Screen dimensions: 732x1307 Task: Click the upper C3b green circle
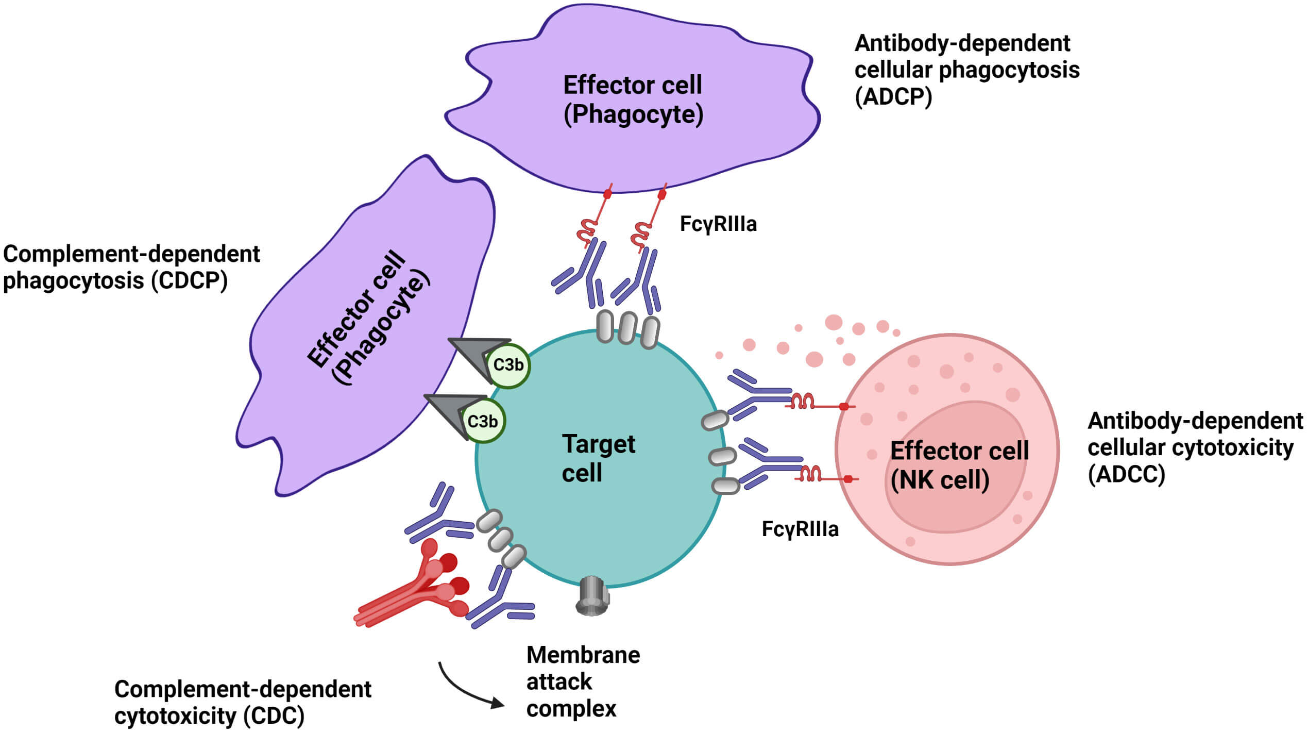(508, 365)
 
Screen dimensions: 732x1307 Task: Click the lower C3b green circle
(483, 421)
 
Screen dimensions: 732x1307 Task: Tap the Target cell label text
(598, 458)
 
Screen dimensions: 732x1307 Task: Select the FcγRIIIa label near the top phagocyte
(718, 224)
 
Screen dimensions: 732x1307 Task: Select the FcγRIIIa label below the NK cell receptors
(800, 529)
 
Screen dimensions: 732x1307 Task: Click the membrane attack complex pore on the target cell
(592, 596)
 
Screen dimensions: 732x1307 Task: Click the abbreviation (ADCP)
(893, 96)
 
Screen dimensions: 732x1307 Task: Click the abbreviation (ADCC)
(1126, 474)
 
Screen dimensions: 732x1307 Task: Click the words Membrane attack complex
(582, 681)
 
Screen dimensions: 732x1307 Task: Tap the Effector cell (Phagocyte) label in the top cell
(633, 99)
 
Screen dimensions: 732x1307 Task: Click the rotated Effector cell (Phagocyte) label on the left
(367, 317)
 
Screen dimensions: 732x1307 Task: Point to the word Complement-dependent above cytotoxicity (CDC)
(242, 689)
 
